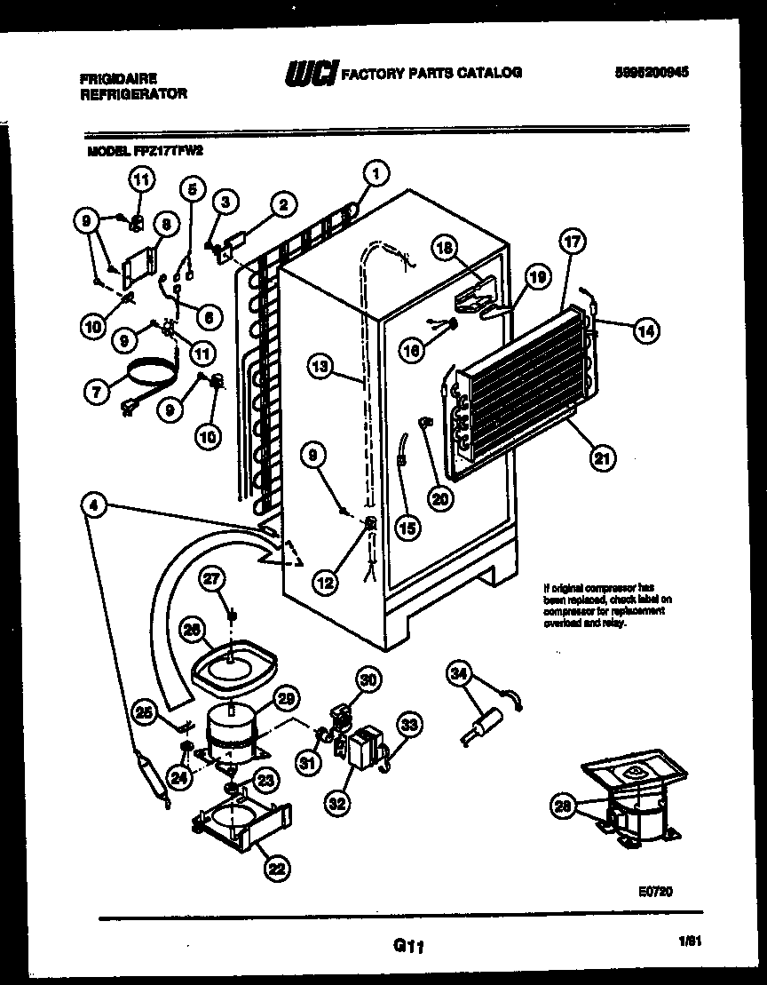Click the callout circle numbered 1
coord(376,174)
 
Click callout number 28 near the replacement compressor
coord(562,807)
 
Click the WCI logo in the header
coord(310,74)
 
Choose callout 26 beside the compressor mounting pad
coord(190,630)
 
